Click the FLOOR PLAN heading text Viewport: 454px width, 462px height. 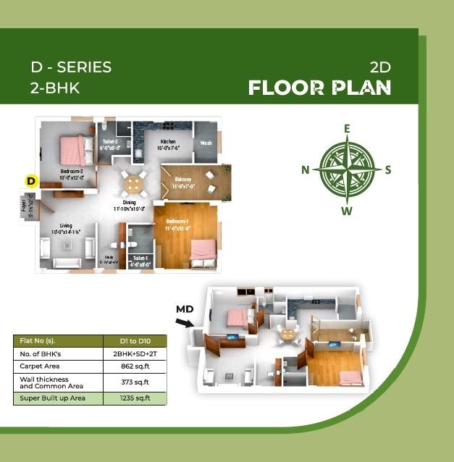click(319, 88)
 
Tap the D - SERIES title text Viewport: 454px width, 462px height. click(71, 67)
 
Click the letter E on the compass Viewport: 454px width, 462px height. click(347, 129)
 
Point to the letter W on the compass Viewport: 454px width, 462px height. click(347, 211)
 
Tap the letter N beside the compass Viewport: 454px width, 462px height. click(306, 170)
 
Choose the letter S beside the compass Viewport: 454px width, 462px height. click(388, 170)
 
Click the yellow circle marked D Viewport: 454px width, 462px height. click(30, 181)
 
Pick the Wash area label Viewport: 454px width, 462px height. click(206, 143)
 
